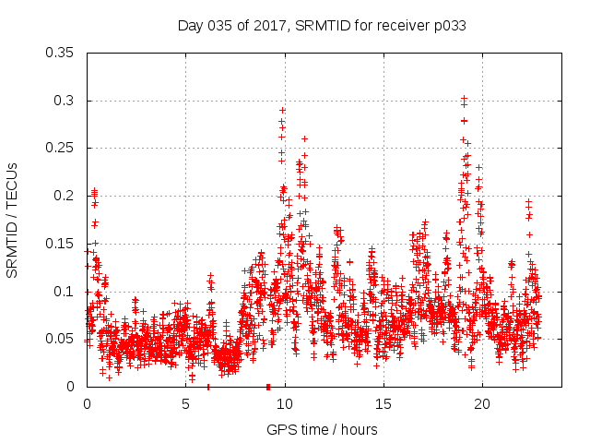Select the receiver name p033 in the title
click(x=448, y=26)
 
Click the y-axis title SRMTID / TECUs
click(x=13, y=220)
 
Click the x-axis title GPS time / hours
click(x=322, y=429)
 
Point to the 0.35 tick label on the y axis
click(x=61, y=53)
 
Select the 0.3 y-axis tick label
click(x=65, y=101)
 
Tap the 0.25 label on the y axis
click(x=61, y=148)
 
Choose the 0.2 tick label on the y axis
click(x=65, y=196)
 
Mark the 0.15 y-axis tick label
click(x=61, y=244)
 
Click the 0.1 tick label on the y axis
click(x=65, y=291)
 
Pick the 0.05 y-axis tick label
click(x=61, y=339)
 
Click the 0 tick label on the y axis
click(x=72, y=387)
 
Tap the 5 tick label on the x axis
click(x=185, y=403)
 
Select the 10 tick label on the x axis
click(x=285, y=403)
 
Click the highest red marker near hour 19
click(x=464, y=98)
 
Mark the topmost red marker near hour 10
click(x=282, y=110)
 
